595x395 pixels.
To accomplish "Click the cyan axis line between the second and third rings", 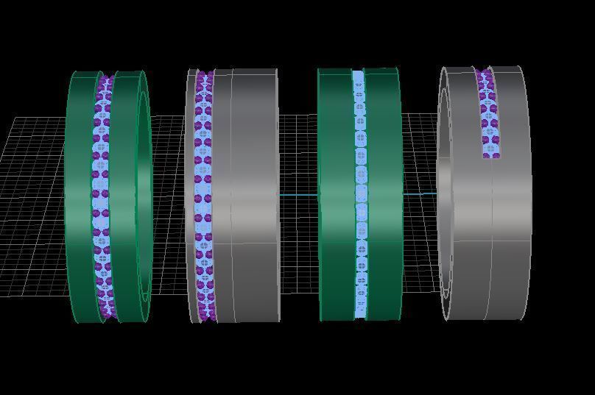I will (298, 194).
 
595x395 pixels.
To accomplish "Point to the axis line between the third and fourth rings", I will (420, 194).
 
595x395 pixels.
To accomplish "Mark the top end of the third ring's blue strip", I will (359, 74).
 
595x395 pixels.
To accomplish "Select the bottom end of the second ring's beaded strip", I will (205, 316).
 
